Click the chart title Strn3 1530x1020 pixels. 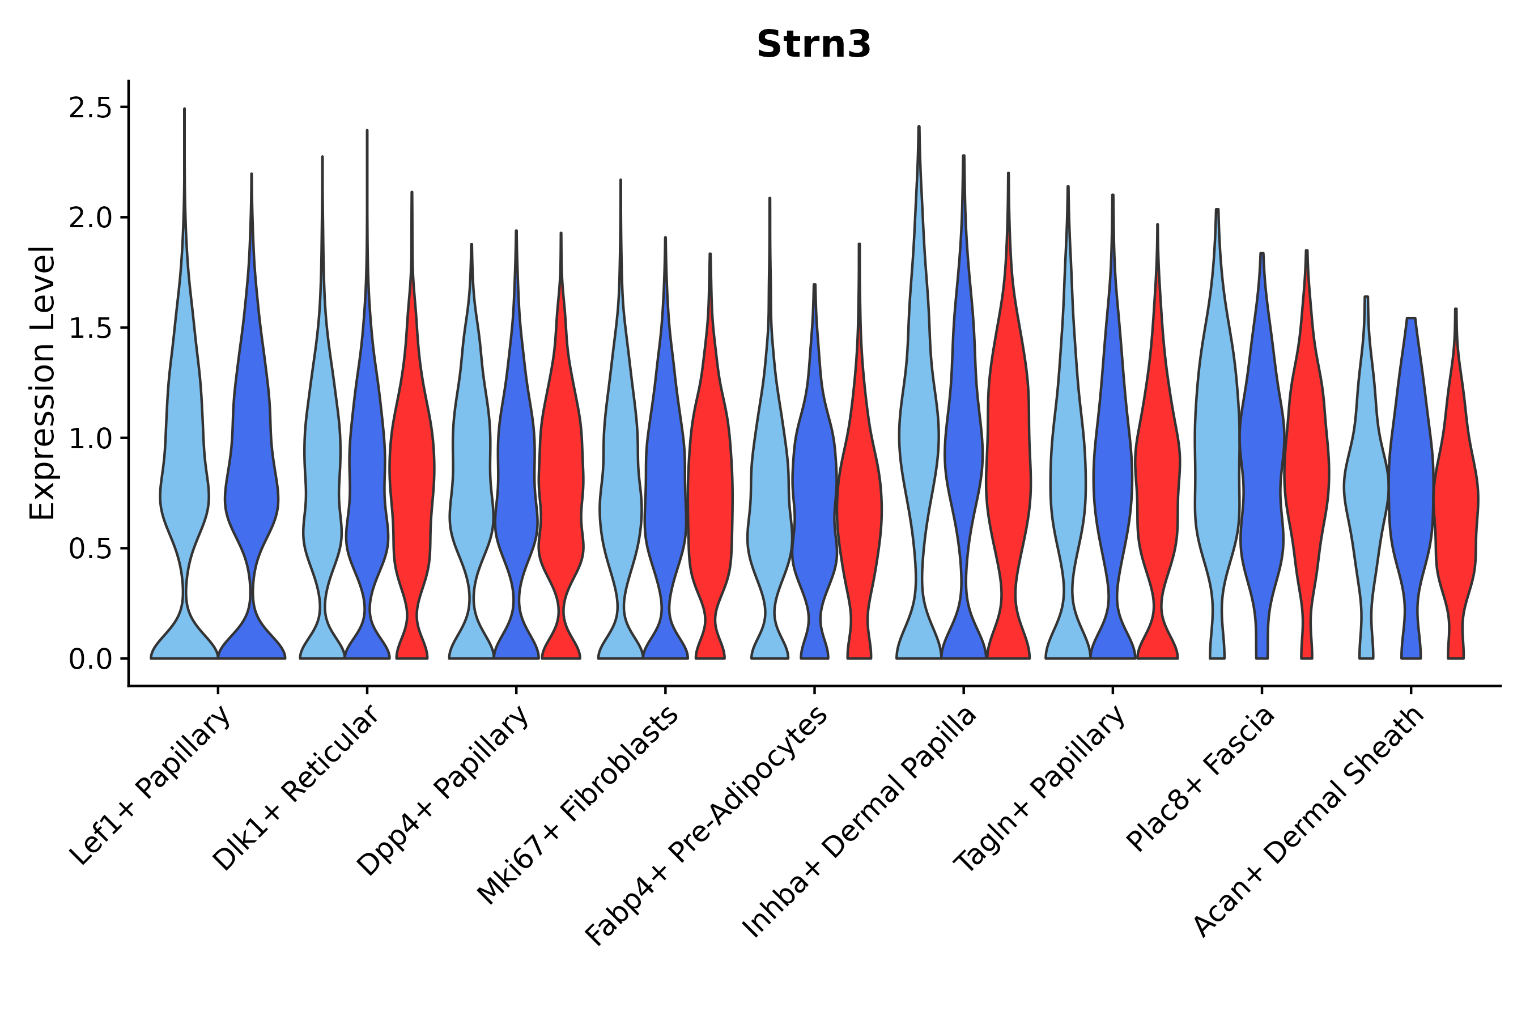(x=813, y=45)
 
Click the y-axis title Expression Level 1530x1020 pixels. (x=42, y=382)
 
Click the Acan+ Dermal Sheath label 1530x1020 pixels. (x=1309, y=821)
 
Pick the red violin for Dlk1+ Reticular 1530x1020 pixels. (x=412, y=469)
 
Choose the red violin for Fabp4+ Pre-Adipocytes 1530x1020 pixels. (x=858, y=507)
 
